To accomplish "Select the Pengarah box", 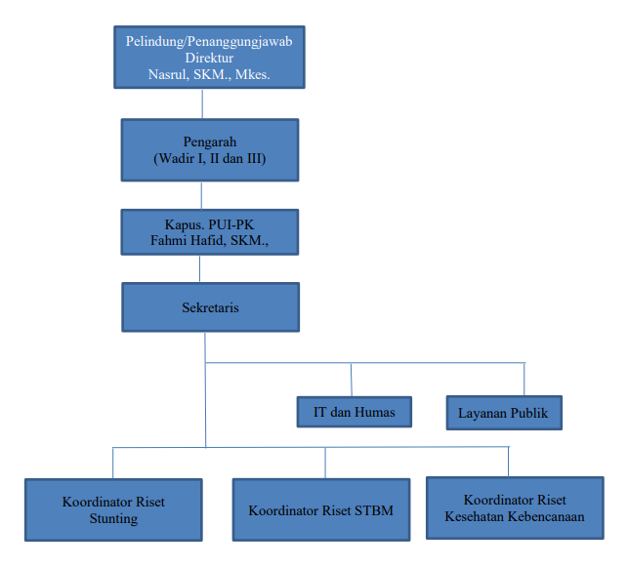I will pos(209,149).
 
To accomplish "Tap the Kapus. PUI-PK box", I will pos(209,232).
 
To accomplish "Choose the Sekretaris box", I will pos(210,307).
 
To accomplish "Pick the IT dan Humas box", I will pos(354,412).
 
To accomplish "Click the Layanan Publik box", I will pos(503,412).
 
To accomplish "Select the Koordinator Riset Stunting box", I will pos(113,509).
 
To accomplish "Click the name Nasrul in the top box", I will pos(172,73).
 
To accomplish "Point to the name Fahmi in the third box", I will pos(174,240).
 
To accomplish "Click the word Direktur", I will pos(203,58).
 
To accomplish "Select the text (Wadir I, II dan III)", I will pos(209,158).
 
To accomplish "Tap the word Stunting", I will pos(113,518).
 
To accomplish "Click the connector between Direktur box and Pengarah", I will pos(203,104).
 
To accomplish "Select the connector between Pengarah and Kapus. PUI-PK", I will pos(203,193).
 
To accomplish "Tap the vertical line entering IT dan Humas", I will pos(352,379).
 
